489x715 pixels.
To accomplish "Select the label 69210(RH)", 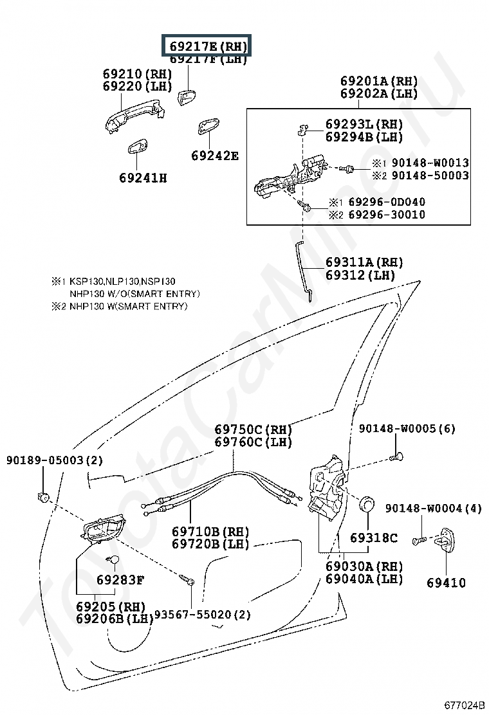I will [138, 74].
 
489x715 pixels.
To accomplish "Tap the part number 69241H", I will [142, 177].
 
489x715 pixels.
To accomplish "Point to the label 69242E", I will [215, 156].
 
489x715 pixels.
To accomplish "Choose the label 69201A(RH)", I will [379, 81].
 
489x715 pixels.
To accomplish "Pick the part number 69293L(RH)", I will [364, 124].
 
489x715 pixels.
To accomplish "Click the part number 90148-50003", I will [430, 176].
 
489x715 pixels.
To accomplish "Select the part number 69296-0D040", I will [386, 202].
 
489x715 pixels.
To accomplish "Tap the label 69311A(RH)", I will [364, 262].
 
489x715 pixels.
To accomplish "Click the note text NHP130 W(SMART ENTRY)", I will [129, 307].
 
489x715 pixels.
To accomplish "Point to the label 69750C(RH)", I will [253, 430].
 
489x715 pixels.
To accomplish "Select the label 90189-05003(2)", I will [55, 460].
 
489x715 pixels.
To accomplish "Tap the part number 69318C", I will [374, 538].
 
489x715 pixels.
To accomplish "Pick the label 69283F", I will [120, 580].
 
